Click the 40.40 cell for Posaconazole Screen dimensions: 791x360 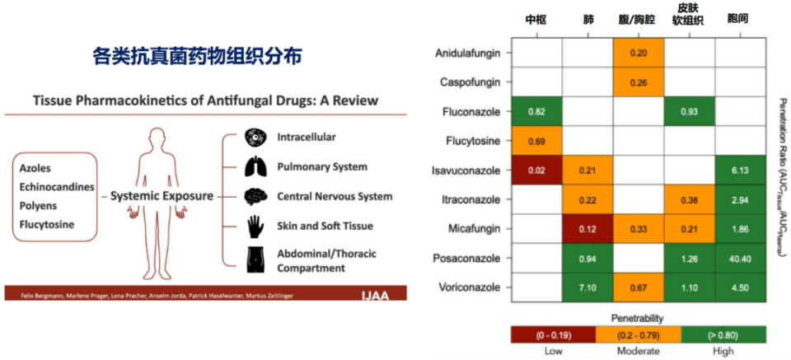click(741, 258)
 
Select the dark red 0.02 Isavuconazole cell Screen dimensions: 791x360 click(536, 170)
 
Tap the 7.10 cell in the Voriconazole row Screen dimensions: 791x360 click(587, 288)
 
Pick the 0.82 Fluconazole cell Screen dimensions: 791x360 click(536, 111)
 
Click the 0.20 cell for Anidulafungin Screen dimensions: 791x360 click(639, 52)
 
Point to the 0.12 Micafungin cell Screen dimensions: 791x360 click(587, 229)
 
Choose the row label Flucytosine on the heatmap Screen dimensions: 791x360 click(474, 141)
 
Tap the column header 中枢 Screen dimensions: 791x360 click(536, 20)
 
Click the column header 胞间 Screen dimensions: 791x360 click(740, 20)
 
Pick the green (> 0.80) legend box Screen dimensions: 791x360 click(723, 334)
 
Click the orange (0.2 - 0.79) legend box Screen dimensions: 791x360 click(638, 334)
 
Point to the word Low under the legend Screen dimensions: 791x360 click(554, 350)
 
